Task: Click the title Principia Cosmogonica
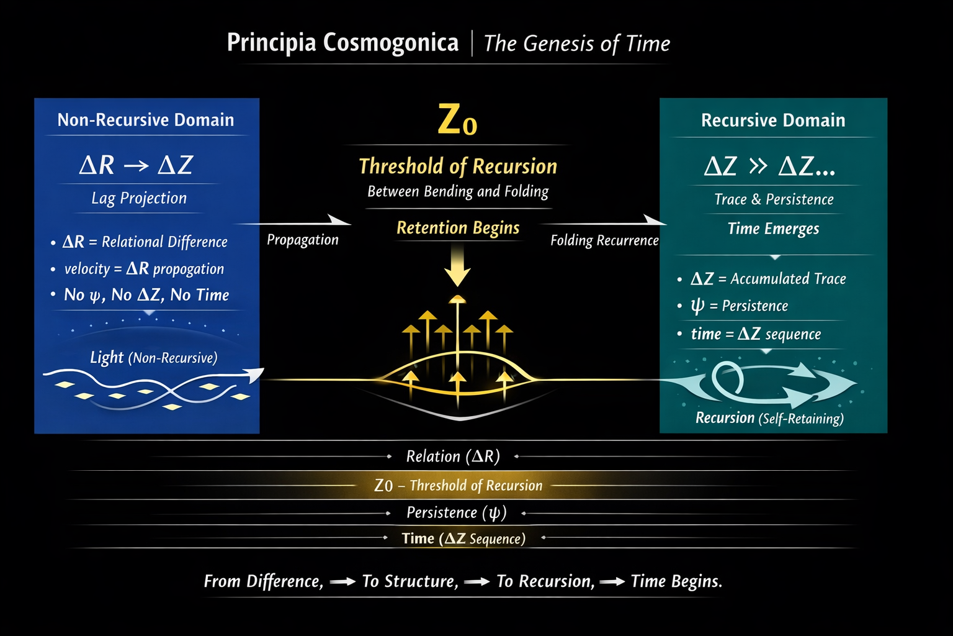click(x=342, y=43)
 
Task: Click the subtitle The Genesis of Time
click(x=576, y=43)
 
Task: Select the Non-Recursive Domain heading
click(x=146, y=120)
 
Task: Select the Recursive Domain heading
click(x=773, y=120)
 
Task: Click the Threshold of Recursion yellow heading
click(x=458, y=166)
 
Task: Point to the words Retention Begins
click(x=458, y=228)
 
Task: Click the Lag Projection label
click(x=139, y=198)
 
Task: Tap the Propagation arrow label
click(x=303, y=240)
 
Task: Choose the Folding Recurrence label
click(x=604, y=240)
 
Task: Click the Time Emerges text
click(x=773, y=229)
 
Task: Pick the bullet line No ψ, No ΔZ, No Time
click(x=146, y=295)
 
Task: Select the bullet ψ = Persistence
click(x=739, y=306)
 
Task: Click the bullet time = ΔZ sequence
click(x=756, y=334)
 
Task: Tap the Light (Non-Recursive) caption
click(x=153, y=358)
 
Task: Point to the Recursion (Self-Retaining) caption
click(x=769, y=418)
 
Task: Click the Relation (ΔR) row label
click(x=453, y=457)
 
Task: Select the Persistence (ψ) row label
click(x=457, y=512)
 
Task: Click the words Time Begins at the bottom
click(x=676, y=581)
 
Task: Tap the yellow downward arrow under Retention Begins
click(x=458, y=266)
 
